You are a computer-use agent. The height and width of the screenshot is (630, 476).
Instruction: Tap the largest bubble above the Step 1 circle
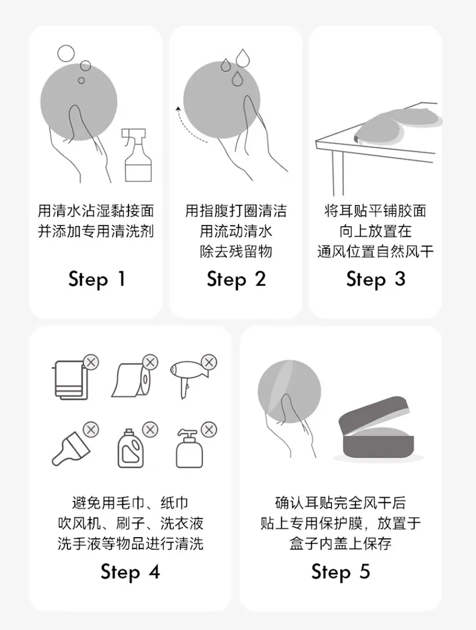click(x=66, y=54)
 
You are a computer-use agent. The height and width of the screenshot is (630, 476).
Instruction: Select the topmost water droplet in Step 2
click(x=242, y=57)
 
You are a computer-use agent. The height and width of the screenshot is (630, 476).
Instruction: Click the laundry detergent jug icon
click(x=131, y=449)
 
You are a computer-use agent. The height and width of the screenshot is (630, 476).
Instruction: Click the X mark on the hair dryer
click(x=209, y=362)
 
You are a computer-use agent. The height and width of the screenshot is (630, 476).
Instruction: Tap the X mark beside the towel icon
click(x=91, y=362)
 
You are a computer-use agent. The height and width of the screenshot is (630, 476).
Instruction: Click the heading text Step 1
click(x=97, y=280)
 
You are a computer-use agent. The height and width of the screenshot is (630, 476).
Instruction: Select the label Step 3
click(x=375, y=280)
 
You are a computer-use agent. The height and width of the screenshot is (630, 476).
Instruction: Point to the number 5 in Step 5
click(x=365, y=572)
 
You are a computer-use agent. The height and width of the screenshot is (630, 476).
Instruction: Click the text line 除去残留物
click(x=236, y=252)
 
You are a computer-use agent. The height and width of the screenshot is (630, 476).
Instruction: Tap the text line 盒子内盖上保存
click(x=340, y=544)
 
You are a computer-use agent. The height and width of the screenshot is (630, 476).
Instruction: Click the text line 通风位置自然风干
click(x=375, y=252)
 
